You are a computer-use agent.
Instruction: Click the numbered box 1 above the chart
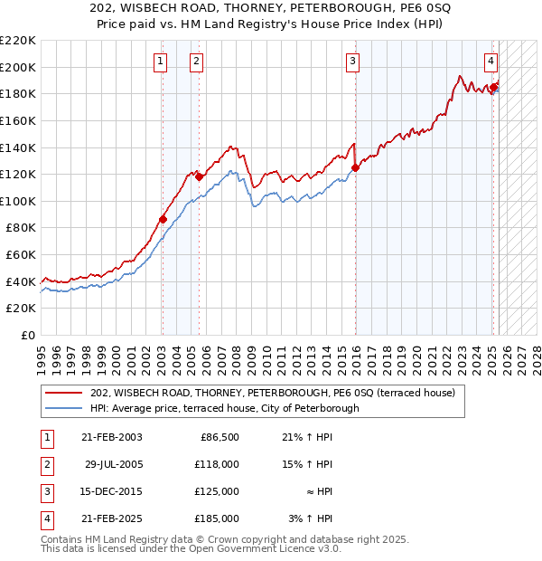click(x=160, y=62)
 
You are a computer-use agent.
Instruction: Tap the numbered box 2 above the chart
click(x=196, y=62)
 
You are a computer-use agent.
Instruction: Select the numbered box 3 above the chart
click(x=352, y=62)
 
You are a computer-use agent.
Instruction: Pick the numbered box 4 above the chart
click(x=491, y=62)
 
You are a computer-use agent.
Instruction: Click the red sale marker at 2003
click(x=163, y=219)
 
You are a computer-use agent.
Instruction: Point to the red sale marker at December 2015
click(x=355, y=167)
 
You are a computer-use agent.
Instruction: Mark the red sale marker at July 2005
click(x=199, y=176)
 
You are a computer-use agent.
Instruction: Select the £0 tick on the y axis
click(x=27, y=335)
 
